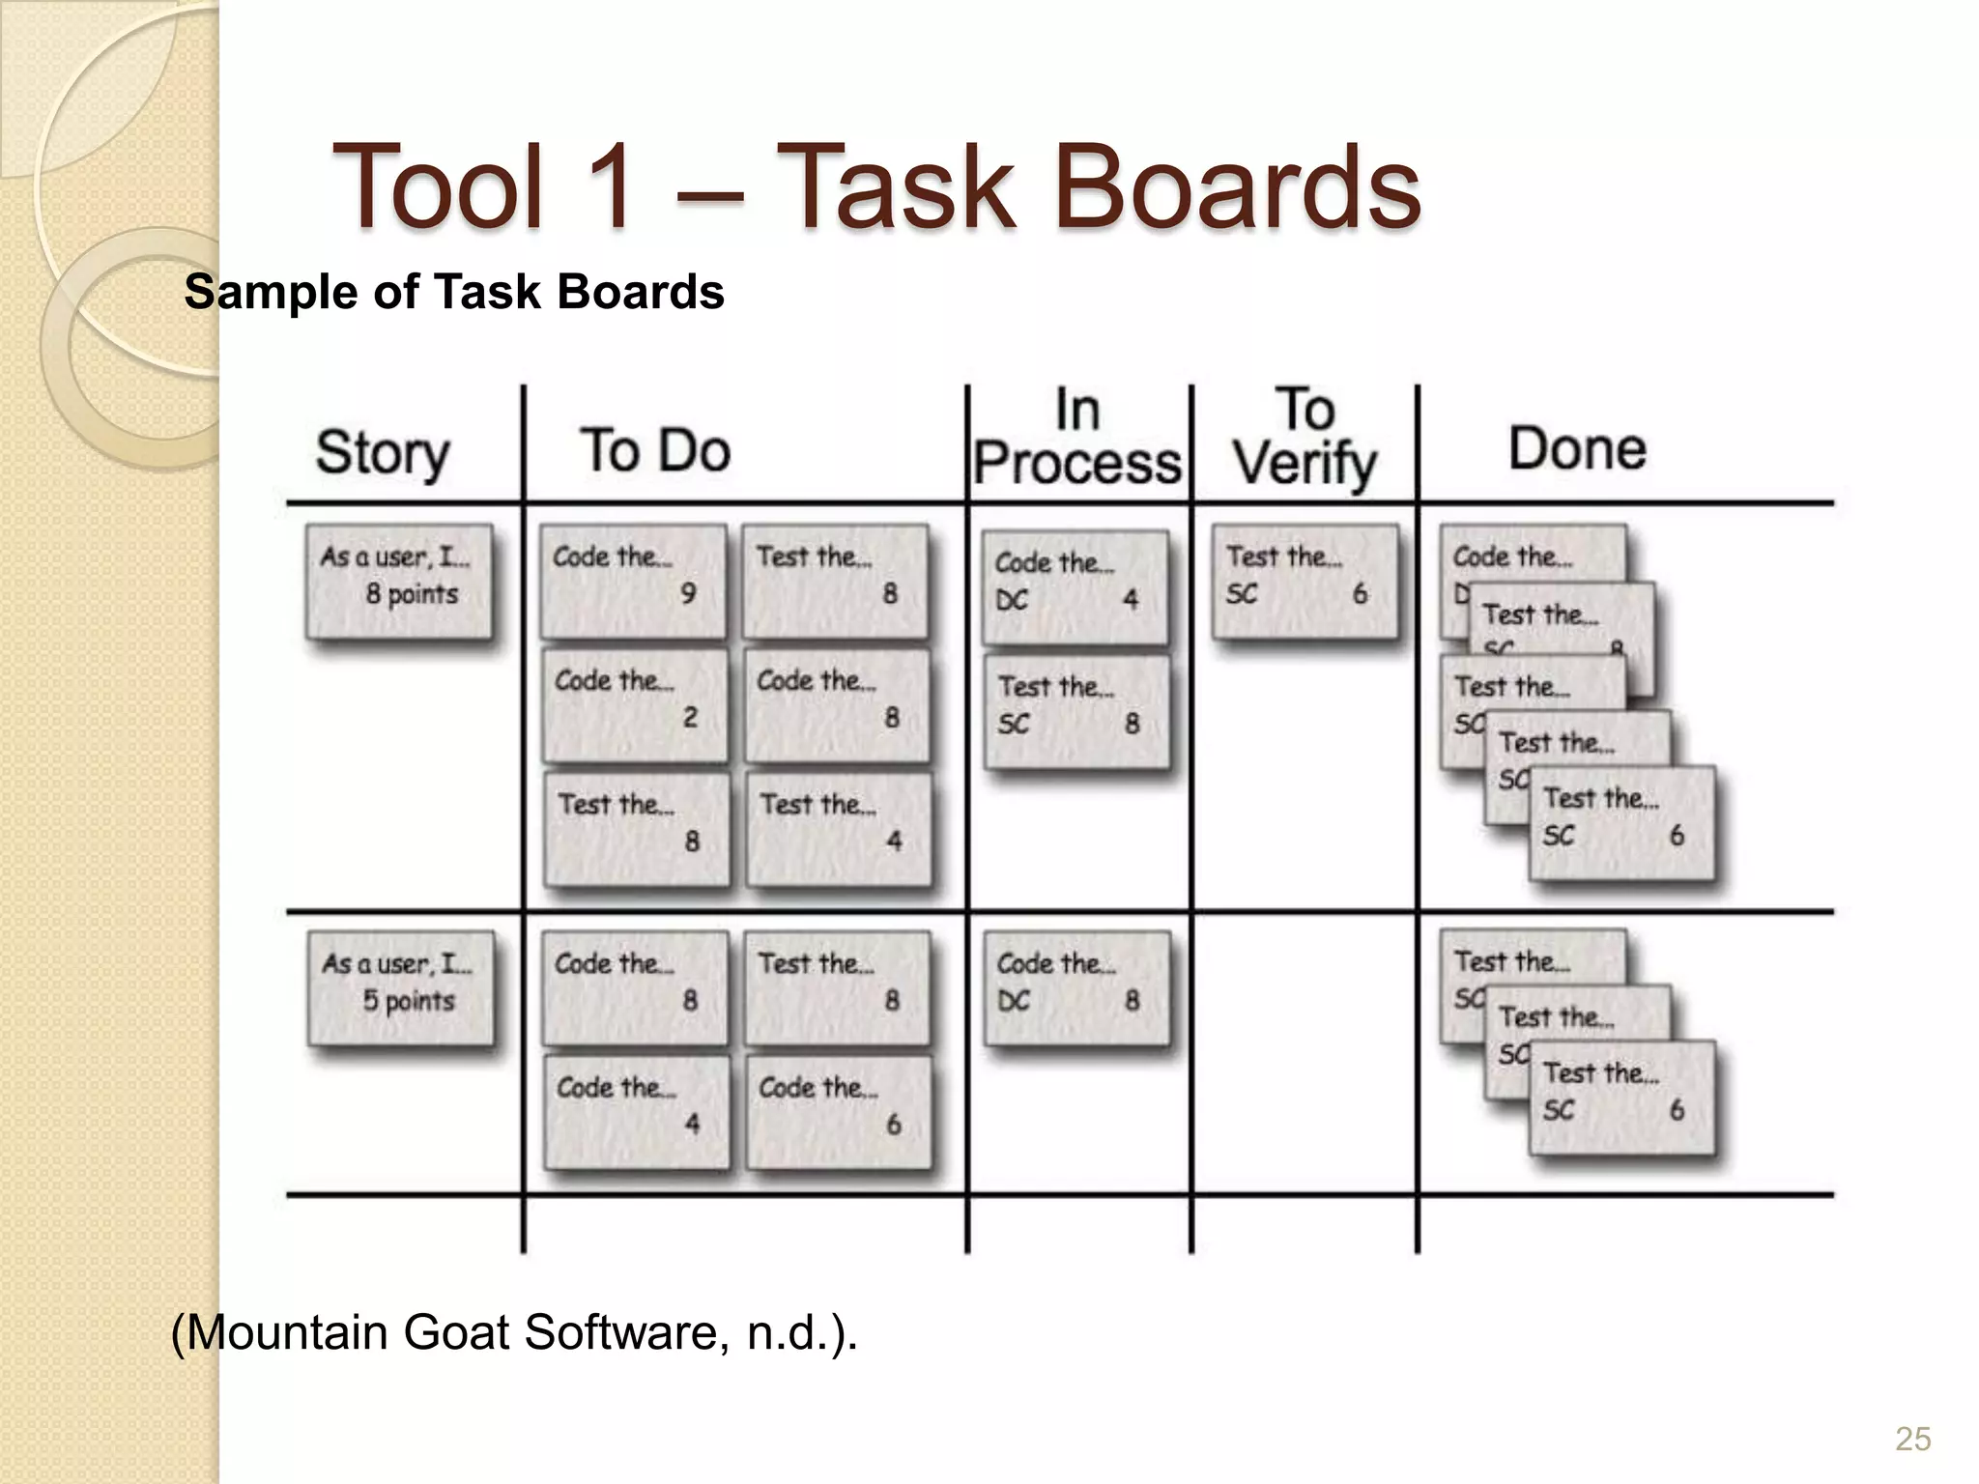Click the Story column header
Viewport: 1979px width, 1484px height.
(x=383, y=452)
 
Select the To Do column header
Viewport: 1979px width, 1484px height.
(x=655, y=450)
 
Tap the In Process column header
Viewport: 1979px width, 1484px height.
(x=1077, y=437)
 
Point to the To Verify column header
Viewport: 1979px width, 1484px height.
(x=1305, y=437)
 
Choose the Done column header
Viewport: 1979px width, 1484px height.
(x=1577, y=448)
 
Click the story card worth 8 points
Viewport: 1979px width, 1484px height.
(x=399, y=582)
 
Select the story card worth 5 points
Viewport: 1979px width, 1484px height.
(x=400, y=987)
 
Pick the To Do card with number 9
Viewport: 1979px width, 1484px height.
(x=633, y=582)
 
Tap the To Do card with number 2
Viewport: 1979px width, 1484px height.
(x=635, y=705)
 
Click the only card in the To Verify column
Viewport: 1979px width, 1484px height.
(x=1305, y=582)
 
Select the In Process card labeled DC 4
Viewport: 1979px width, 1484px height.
(x=1075, y=587)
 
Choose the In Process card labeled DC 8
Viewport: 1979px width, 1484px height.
(x=1076, y=987)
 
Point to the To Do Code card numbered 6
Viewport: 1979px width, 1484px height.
(x=839, y=1111)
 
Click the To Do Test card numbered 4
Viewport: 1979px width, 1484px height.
(x=839, y=829)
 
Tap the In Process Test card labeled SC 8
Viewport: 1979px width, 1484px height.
(x=1076, y=711)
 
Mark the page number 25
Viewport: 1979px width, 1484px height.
(x=1912, y=1439)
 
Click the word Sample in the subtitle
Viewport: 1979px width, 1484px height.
(x=272, y=292)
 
